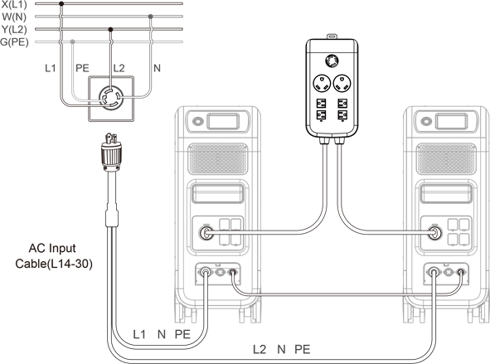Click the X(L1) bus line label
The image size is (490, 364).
tap(14, 4)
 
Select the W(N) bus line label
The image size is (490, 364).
tap(14, 17)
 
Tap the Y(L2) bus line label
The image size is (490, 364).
tap(14, 29)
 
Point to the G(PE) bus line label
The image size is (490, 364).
tap(14, 41)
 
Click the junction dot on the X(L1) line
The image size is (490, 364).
tap(61, 4)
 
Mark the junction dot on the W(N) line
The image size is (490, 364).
tap(150, 17)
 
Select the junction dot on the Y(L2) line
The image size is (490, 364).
tap(110, 29)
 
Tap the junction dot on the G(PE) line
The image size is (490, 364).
tap(72, 41)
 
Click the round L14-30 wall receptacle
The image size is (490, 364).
tap(111, 98)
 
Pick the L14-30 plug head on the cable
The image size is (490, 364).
tap(111, 153)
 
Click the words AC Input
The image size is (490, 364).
tap(52, 249)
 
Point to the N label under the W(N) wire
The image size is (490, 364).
tap(157, 68)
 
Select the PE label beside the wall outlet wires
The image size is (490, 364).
tap(83, 68)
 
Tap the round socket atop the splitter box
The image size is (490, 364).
tap(332, 61)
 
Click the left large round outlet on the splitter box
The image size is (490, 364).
tap(322, 84)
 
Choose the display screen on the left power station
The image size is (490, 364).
tap(223, 121)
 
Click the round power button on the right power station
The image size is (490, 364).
tap(426, 121)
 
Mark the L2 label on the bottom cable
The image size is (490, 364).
tap(260, 349)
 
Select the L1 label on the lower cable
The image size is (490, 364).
tap(139, 334)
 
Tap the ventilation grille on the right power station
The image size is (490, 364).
tap(446, 158)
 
